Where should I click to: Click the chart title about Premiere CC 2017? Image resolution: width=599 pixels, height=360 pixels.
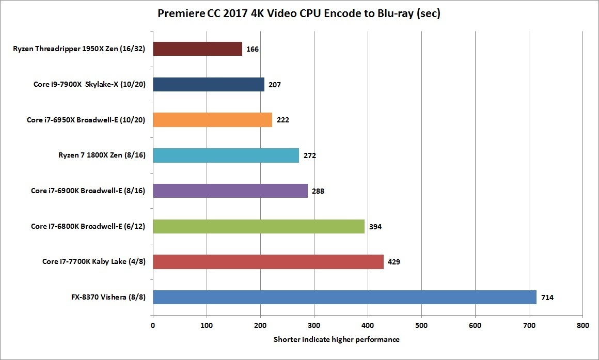[299, 14]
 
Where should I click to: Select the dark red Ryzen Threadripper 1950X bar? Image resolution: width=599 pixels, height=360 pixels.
[198, 49]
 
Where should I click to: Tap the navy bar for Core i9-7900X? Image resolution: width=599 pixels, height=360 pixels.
[209, 84]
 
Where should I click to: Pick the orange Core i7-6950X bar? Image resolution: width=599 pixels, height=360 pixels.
[212, 120]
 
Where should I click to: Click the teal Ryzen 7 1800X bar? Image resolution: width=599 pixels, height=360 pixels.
[226, 155]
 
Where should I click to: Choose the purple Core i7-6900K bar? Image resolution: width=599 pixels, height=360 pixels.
[230, 191]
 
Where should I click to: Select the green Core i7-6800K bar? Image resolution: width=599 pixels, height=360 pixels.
[259, 226]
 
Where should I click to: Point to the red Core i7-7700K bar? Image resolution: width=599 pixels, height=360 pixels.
[268, 261]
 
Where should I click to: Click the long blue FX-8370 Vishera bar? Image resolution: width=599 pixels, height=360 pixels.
[344, 297]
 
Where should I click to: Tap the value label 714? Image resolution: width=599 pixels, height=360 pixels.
[547, 298]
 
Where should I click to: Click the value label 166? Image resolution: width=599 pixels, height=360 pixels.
[253, 50]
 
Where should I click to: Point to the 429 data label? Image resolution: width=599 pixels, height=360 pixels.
[394, 262]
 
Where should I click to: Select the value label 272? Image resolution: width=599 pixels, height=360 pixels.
[309, 155]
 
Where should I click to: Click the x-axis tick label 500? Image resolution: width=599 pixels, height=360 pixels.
[421, 326]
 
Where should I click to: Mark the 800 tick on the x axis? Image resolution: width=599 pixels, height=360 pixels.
[582, 326]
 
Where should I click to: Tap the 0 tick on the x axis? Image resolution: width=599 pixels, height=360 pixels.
[153, 326]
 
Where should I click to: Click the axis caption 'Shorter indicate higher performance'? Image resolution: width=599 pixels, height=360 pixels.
[336, 339]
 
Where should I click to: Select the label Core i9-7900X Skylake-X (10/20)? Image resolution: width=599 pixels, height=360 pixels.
[88, 84]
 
